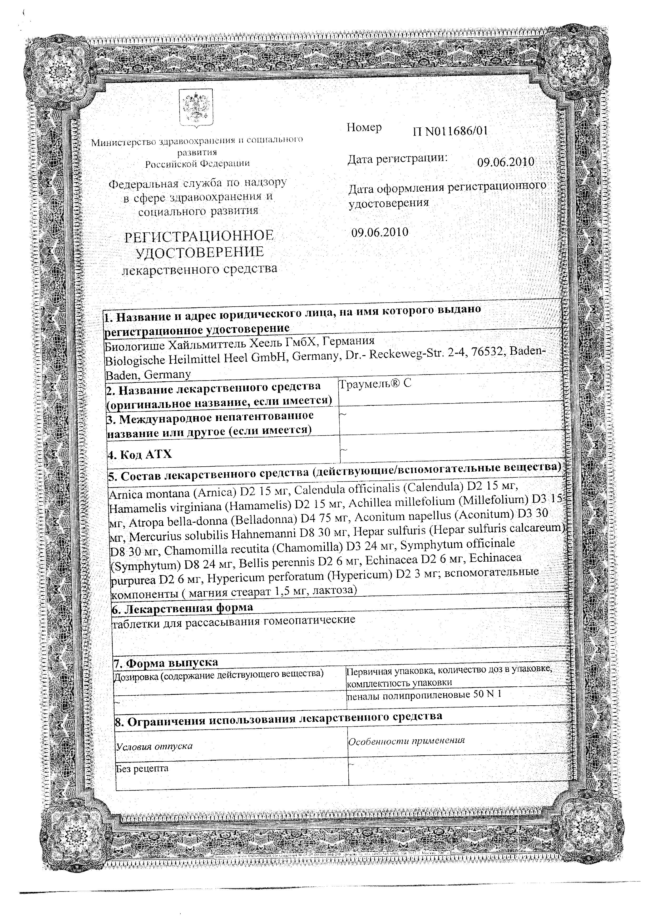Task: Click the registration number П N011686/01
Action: coord(450,131)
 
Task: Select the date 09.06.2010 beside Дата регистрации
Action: coord(506,162)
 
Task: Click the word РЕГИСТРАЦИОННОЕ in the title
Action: coord(199,236)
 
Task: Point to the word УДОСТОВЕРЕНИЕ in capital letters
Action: coord(200,252)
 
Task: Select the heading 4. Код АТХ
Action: coord(140,455)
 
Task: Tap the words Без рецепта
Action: coord(142,768)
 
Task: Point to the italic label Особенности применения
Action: coord(406,741)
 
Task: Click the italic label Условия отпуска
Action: coord(154,746)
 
